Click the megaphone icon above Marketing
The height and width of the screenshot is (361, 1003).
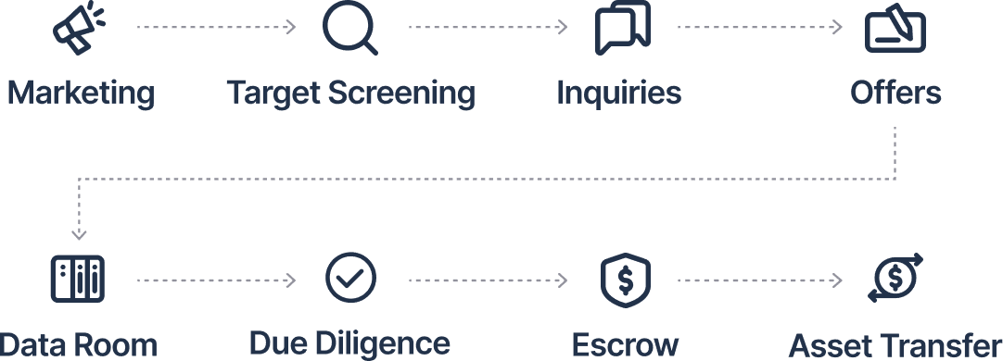pyautogui.click(x=78, y=28)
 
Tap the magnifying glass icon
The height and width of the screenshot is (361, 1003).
pyautogui.click(x=350, y=28)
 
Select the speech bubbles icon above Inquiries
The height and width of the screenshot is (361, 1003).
pyautogui.click(x=622, y=28)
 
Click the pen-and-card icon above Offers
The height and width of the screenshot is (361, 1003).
pyautogui.click(x=895, y=30)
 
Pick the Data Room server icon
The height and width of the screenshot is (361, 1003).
pyautogui.click(x=77, y=279)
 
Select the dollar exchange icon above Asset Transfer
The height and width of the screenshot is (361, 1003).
pyautogui.click(x=895, y=278)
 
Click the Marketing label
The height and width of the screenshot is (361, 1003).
pyautogui.click(x=81, y=93)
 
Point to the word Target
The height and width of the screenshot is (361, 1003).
pyautogui.click(x=270, y=93)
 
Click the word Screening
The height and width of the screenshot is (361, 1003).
pyautogui.click(x=399, y=93)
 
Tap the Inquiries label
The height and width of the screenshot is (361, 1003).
pyautogui.click(x=618, y=93)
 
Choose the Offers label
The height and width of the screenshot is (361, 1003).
pyautogui.click(x=895, y=93)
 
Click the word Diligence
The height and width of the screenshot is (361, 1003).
pyautogui.click(x=391, y=343)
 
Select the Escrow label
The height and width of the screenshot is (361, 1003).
pyautogui.click(x=625, y=344)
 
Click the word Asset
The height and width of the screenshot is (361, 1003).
pyautogui.click(x=832, y=345)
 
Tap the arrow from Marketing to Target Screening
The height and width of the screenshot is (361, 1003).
pyautogui.click(x=216, y=28)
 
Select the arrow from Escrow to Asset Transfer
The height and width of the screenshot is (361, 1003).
pyautogui.click(x=759, y=280)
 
